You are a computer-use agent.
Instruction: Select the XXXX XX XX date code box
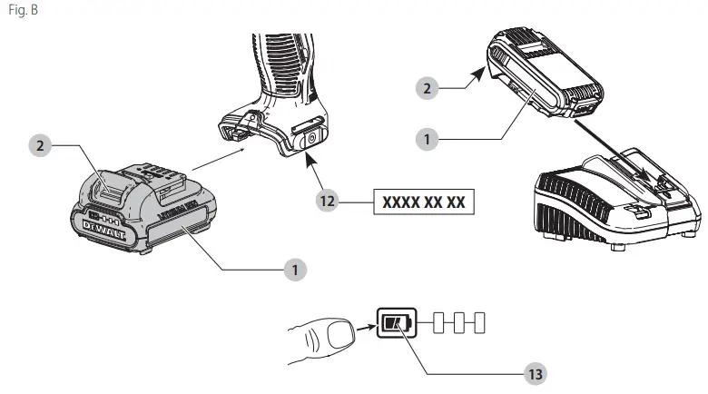pos(424,202)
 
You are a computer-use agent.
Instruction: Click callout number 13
pos(536,372)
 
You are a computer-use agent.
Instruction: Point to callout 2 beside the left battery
pos(38,144)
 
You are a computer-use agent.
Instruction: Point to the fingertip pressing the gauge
pos(339,335)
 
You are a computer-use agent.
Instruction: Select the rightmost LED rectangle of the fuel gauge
pos(480,322)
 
